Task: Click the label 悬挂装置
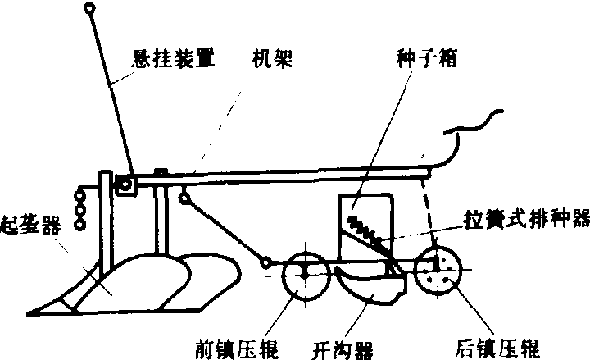point(174,59)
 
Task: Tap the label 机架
point(272,58)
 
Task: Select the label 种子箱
point(427,58)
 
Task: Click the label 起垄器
point(30,225)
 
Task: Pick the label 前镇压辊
point(237,349)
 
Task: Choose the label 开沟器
point(343,350)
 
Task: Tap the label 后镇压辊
point(497,349)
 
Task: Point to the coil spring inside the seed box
point(367,230)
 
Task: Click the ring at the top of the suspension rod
point(89,7)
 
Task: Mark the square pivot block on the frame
point(125,185)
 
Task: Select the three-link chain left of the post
point(80,210)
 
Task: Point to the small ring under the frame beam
point(184,198)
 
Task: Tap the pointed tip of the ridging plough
point(29,313)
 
